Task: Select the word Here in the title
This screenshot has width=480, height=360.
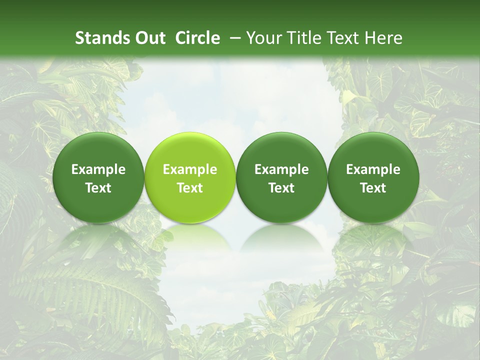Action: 384,38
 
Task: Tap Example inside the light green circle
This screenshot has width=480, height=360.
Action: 190,169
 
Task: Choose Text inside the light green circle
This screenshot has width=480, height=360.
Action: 190,188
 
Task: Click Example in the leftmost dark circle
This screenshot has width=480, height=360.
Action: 98,169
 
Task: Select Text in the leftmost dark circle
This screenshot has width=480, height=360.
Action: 98,188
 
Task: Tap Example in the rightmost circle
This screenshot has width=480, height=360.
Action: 373,169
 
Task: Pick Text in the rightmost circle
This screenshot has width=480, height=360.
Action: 373,188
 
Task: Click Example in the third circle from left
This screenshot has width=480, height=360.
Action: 281,169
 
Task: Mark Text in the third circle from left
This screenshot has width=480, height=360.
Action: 281,188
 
